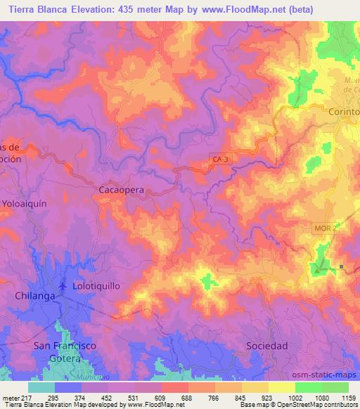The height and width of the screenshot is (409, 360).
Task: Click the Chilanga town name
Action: pyautogui.click(x=34, y=297)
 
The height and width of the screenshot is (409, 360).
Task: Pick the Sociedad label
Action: pyautogui.click(x=267, y=346)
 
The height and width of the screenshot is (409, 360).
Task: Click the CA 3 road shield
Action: pyautogui.click(x=221, y=160)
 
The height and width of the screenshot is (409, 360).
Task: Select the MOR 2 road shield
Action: pyautogui.click(x=326, y=229)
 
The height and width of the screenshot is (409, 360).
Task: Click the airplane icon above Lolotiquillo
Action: pyautogui.click(x=64, y=286)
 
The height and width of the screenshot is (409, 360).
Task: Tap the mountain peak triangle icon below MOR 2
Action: pyautogui.click(x=319, y=268)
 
